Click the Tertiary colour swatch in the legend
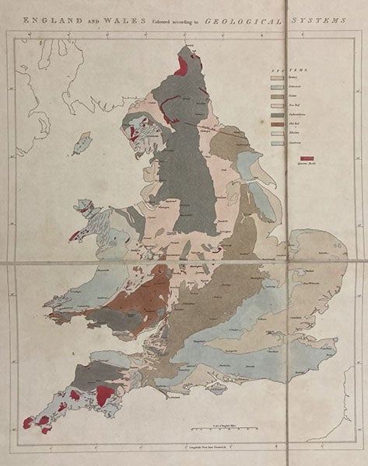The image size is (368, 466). click(x=275, y=80)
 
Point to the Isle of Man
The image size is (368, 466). click(x=81, y=143)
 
